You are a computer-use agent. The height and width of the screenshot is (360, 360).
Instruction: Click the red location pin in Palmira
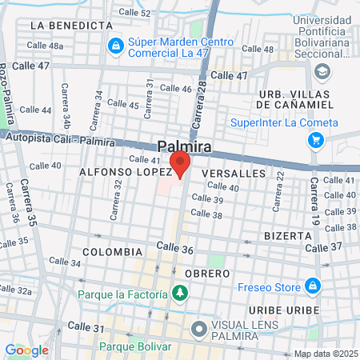click(x=180, y=164)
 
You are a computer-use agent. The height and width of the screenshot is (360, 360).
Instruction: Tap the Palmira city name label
click(x=184, y=146)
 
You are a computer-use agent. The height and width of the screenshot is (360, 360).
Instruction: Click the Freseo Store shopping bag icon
click(x=311, y=285)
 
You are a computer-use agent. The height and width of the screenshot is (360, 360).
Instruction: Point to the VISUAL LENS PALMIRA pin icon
click(x=198, y=327)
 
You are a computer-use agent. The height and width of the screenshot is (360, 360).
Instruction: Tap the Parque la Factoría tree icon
click(x=179, y=294)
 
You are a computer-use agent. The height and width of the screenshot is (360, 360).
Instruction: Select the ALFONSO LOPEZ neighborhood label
click(x=125, y=171)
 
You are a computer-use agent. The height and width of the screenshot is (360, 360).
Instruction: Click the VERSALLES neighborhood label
click(x=233, y=173)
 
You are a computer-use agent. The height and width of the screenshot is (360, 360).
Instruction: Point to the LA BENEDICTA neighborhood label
click(x=70, y=26)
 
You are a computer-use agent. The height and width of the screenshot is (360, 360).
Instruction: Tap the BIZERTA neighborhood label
click(x=288, y=236)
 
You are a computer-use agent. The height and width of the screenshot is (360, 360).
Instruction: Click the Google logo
click(x=26, y=350)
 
